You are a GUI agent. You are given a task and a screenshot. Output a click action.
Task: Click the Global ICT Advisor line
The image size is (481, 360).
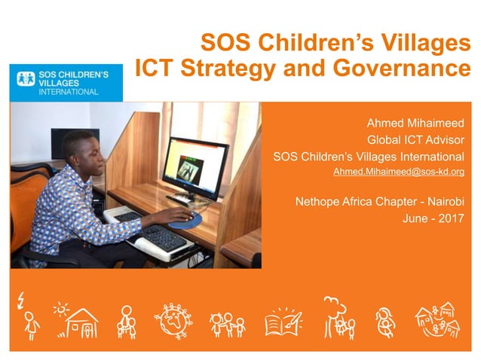pos(415,140)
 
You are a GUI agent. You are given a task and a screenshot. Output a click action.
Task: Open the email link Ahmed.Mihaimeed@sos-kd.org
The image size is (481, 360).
pos(398,172)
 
